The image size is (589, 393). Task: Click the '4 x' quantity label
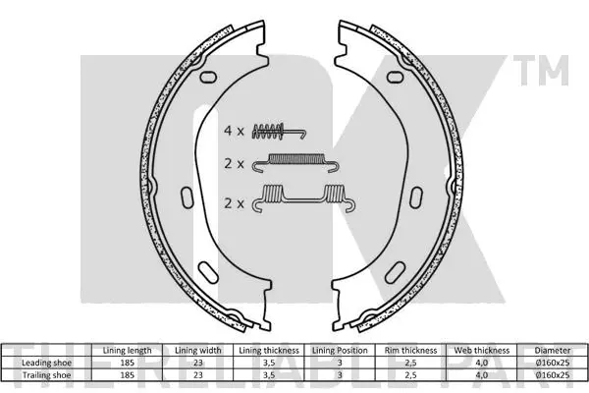234,131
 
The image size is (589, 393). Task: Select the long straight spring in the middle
294,162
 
